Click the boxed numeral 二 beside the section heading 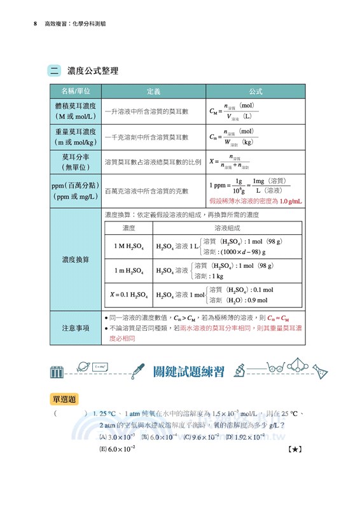coord(57,71)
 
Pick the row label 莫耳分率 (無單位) coord(76,161)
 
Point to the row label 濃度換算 coord(76,260)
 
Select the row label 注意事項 coord(76,328)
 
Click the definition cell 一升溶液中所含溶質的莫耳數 coord(147,111)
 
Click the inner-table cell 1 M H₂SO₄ coord(128,246)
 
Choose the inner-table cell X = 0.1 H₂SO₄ coord(128,295)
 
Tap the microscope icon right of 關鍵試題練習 coord(240,370)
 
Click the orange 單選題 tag coord(64,399)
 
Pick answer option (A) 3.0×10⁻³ coord(117,437)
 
